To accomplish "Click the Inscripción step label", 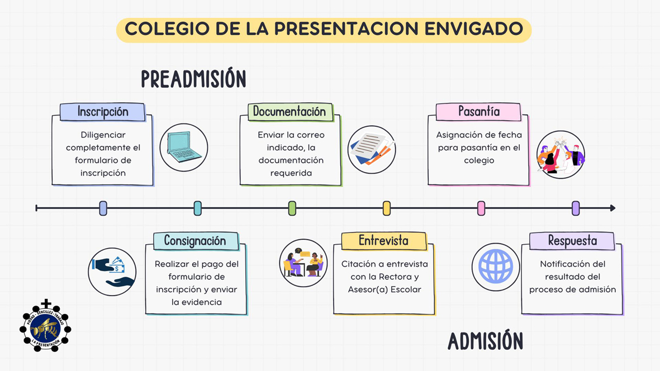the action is (x=103, y=112).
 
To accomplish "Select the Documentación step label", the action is (x=289, y=112).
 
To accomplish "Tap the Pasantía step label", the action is (x=479, y=112).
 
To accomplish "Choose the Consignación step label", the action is (x=195, y=241).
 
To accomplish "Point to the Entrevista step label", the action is (x=383, y=241).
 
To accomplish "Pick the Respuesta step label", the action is (x=572, y=241).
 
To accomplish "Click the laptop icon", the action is (x=183, y=147).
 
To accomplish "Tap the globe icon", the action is (x=496, y=267).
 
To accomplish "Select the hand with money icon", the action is (x=112, y=272).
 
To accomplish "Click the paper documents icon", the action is (x=372, y=149).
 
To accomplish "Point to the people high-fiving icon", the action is (x=561, y=154).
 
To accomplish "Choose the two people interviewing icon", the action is (x=303, y=263).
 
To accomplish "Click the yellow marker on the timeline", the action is (x=386, y=208).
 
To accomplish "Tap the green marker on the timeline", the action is (x=292, y=208).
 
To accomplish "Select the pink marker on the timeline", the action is (x=481, y=208).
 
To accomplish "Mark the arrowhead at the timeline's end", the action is (x=613, y=208).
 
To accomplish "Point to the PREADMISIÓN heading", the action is (x=193, y=79).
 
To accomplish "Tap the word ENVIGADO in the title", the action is (x=473, y=29).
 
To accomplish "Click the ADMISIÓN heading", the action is (x=485, y=341).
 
